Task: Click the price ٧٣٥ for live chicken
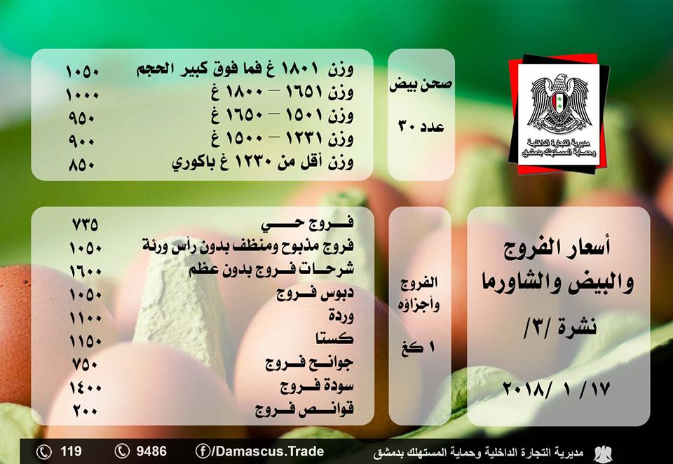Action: (x=85, y=224)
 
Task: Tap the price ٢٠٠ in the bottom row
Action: (x=85, y=411)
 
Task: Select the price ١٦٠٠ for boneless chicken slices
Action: (x=86, y=271)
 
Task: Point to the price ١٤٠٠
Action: (x=86, y=388)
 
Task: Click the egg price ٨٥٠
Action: (x=81, y=165)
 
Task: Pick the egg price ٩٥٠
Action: (x=81, y=118)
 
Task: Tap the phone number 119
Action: (x=71, y=451)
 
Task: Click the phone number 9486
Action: (x=151, y=451)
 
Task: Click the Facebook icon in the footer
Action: (x=203, y=451)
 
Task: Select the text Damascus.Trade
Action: (x=269, y=451)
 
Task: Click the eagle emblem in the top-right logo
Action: (x=558, y=103)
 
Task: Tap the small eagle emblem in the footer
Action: (x=604, y=453)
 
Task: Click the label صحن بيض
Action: (x=421, y=84)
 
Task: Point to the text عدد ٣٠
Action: (x=421, y=126)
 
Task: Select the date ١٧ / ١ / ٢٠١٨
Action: (x=556, y=389)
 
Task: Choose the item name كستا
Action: (x=334, y=339)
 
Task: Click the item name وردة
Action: (x=341, y=315)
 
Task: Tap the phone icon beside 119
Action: (x=43, y=451)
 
